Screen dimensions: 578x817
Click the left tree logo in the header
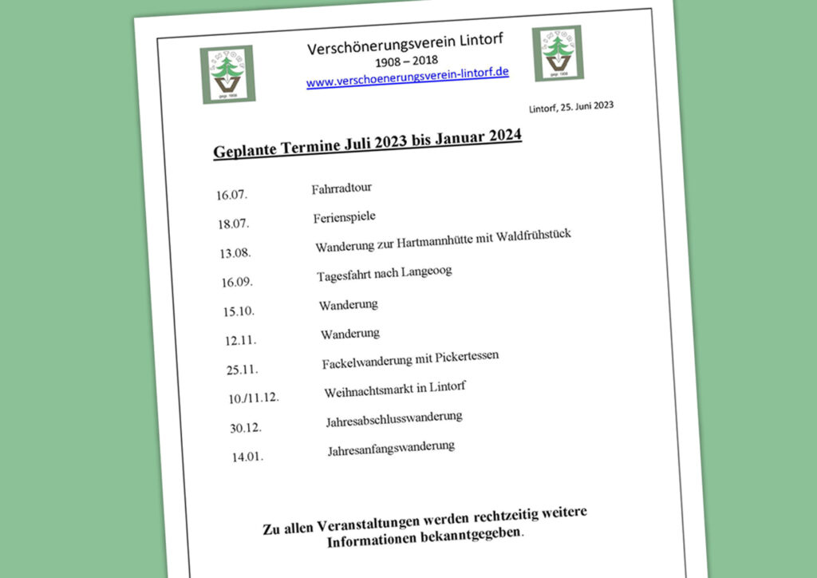coord(227,73)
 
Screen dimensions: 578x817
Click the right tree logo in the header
coord(557,53)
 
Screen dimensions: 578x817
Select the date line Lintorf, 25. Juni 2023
coord(570,107)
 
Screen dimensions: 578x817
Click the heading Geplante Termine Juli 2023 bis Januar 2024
coord(367,144)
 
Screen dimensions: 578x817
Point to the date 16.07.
coord(231,195)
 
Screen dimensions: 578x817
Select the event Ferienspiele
coord(344,217)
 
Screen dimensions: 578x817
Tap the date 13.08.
coord(235,253)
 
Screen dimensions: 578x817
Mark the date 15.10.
coord(239,311)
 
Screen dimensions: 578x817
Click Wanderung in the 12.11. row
coord(350,333)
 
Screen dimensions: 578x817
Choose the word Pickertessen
coord(467,357)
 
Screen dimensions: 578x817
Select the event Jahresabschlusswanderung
coord(394,418)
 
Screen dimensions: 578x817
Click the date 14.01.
coord(247,457)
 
